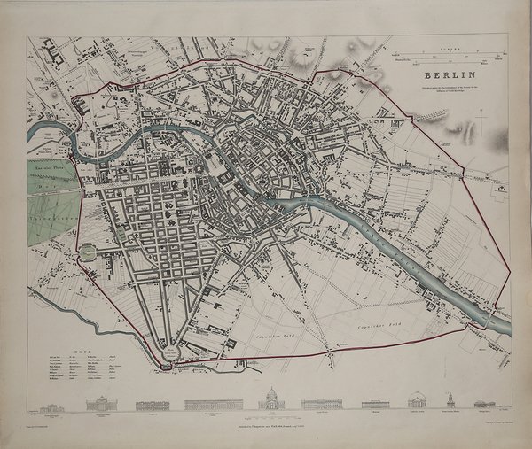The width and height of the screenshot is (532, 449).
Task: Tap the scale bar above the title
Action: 443,58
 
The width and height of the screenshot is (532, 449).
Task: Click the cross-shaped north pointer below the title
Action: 481,118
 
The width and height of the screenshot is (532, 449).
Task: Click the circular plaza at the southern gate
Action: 168,353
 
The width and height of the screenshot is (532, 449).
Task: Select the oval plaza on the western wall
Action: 87,253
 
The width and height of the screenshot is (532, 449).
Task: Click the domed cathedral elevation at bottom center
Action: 271,400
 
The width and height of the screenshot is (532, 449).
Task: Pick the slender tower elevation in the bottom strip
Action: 450,400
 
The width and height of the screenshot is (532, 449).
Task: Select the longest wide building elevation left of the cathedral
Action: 213,405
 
